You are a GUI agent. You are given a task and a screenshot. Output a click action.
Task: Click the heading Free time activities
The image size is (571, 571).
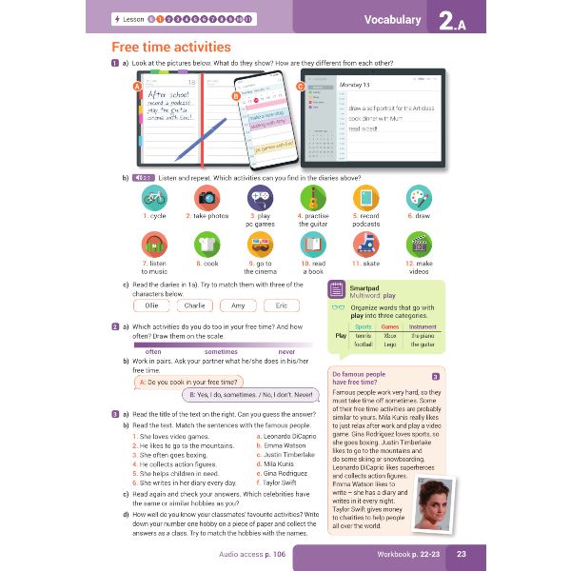coord(171,47)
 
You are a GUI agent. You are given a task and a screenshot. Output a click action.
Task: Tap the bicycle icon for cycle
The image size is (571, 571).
coord(155,197)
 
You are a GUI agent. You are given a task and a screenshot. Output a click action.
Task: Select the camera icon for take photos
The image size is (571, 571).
coord(207,197)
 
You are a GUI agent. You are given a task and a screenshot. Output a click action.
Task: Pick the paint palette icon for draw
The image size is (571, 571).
coord(419,197)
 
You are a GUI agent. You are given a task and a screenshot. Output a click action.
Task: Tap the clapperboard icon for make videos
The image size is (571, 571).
coord(419,244)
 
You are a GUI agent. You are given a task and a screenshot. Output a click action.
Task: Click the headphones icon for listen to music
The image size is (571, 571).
coord(155,244)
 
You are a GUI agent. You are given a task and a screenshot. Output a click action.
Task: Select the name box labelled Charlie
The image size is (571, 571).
coord(195,305)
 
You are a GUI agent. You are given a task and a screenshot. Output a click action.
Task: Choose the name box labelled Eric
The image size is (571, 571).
coord(281,305)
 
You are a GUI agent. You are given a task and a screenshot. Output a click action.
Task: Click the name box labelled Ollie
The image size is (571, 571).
coord(151,305)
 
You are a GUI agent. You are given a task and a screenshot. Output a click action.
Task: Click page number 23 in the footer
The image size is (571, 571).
coord(461,553)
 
